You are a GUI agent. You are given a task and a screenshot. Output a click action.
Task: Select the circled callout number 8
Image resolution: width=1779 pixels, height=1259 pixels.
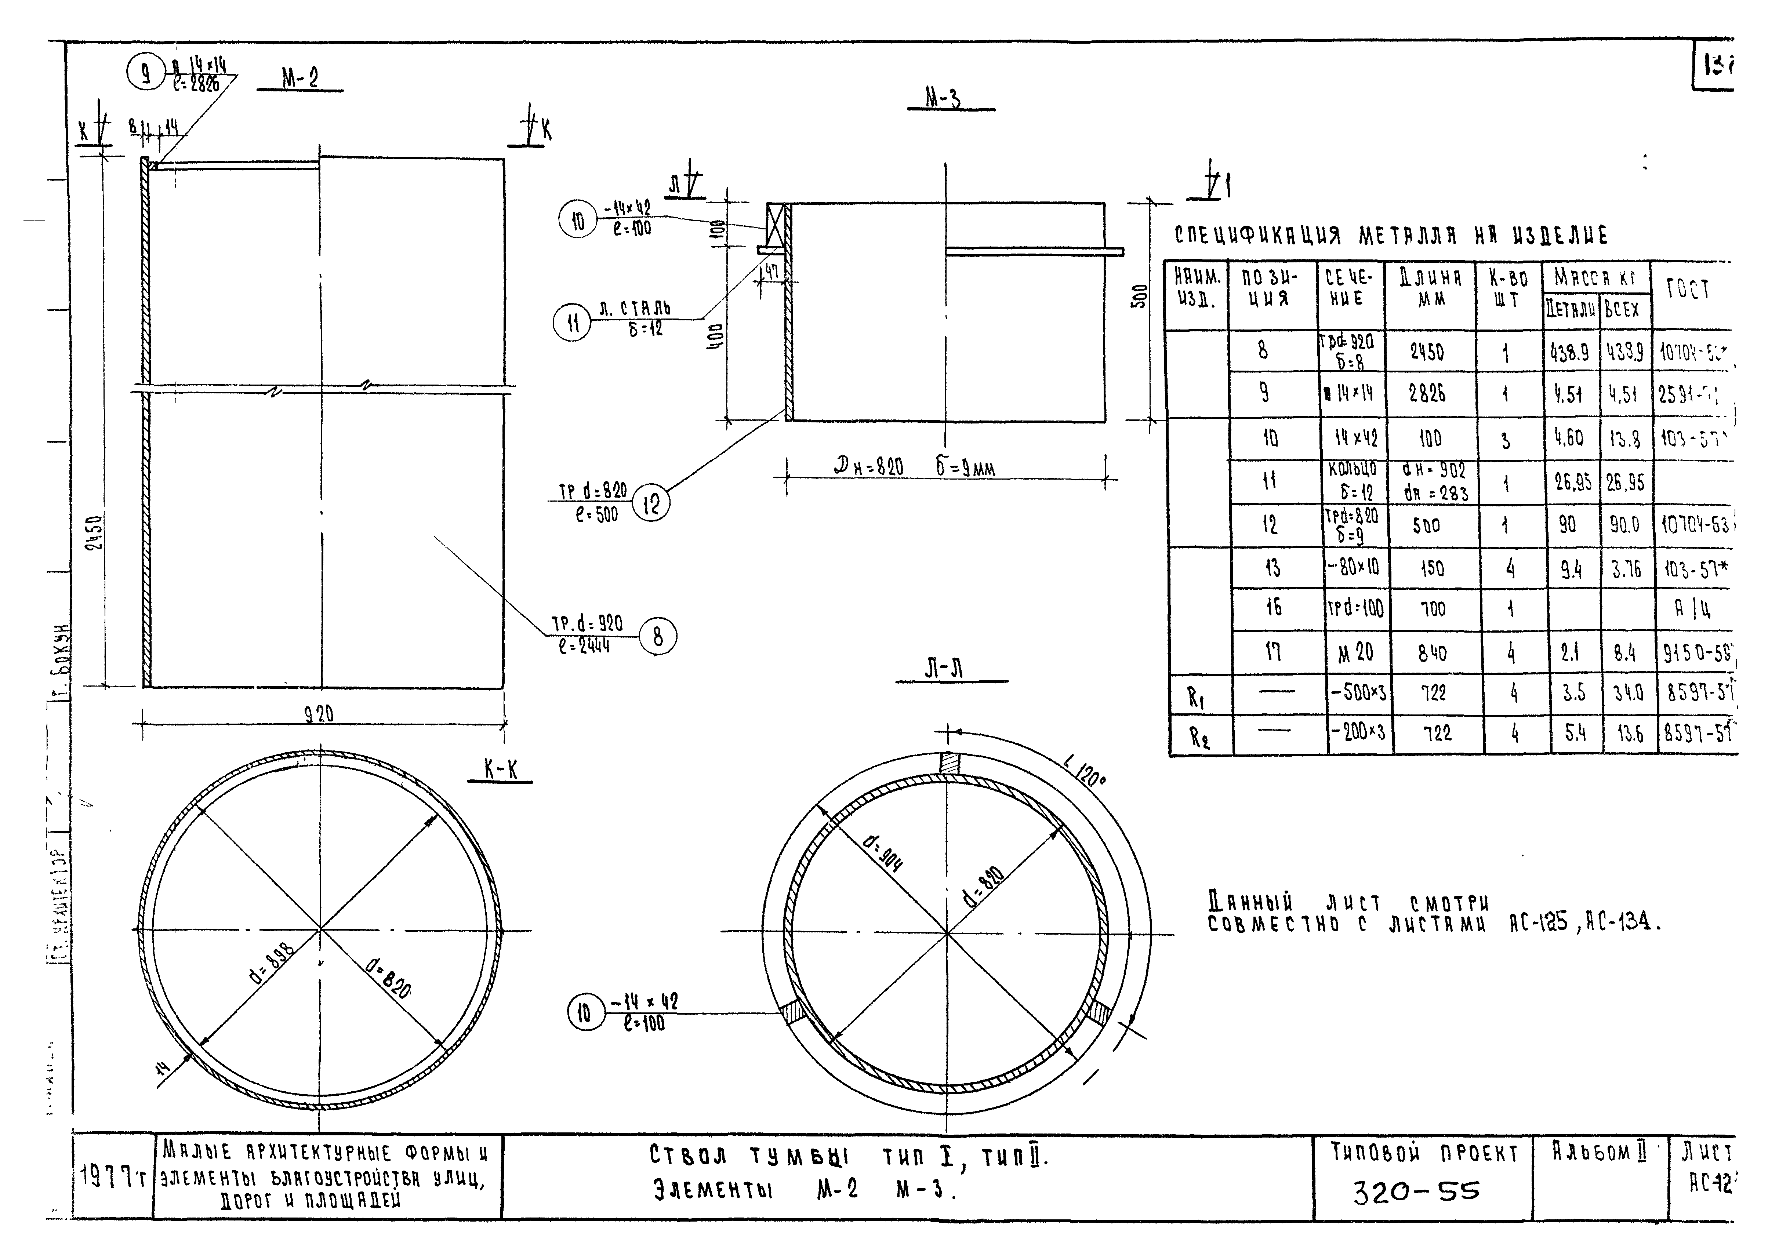point(658,637)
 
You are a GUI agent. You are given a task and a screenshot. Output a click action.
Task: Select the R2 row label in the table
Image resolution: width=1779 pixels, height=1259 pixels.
point(1200,737)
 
